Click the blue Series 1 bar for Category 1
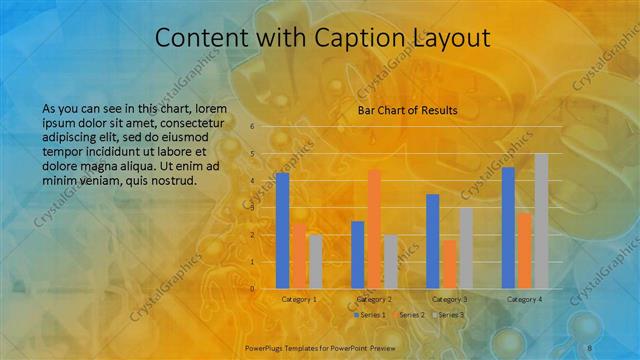point(282,230)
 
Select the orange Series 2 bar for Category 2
point(374,229)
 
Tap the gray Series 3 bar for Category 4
point(541,221)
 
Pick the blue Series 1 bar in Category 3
point(433,241)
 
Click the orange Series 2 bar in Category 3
point(449,264)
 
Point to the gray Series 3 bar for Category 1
point(315,261)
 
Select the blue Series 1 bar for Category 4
point(508,227)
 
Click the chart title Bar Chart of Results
point(407,110)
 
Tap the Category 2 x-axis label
point(373,299)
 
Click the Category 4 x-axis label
point(524,299)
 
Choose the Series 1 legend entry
point(370,315)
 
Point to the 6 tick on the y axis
point(252,126)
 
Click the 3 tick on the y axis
point(252,208)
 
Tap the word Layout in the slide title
point(446,38)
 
